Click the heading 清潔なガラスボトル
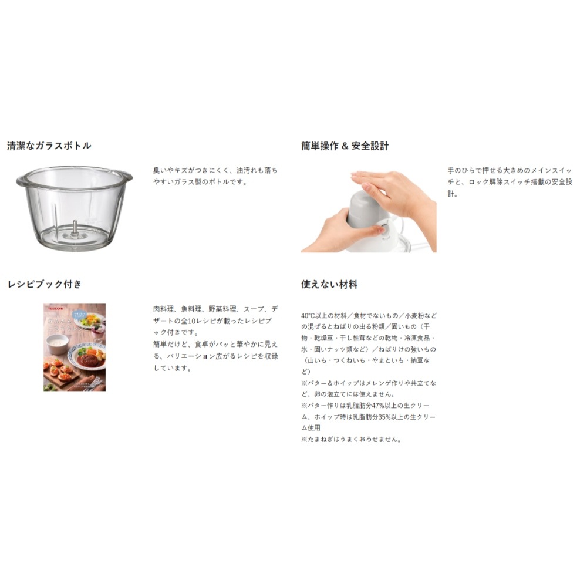click(x=49, y=146)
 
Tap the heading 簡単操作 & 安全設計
click(x=345, y=146)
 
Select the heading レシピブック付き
click(x=45, y=284)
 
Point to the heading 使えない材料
click(x=329, y=284)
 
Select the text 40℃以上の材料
click(x=323, y=315)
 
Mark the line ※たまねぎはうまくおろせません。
click(x=351, y=438)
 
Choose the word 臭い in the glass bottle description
click(x=160, y=170)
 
